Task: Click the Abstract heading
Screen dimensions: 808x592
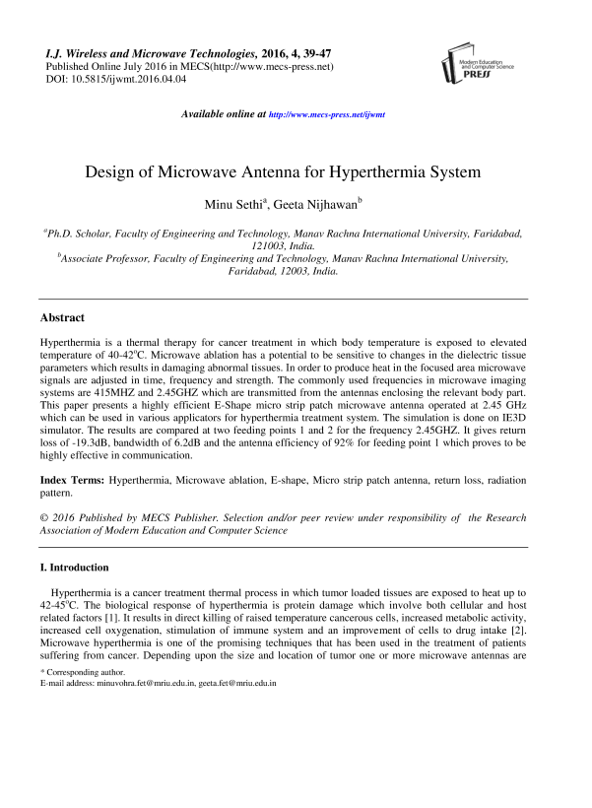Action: pyautogui.click(x=61, y=318)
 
